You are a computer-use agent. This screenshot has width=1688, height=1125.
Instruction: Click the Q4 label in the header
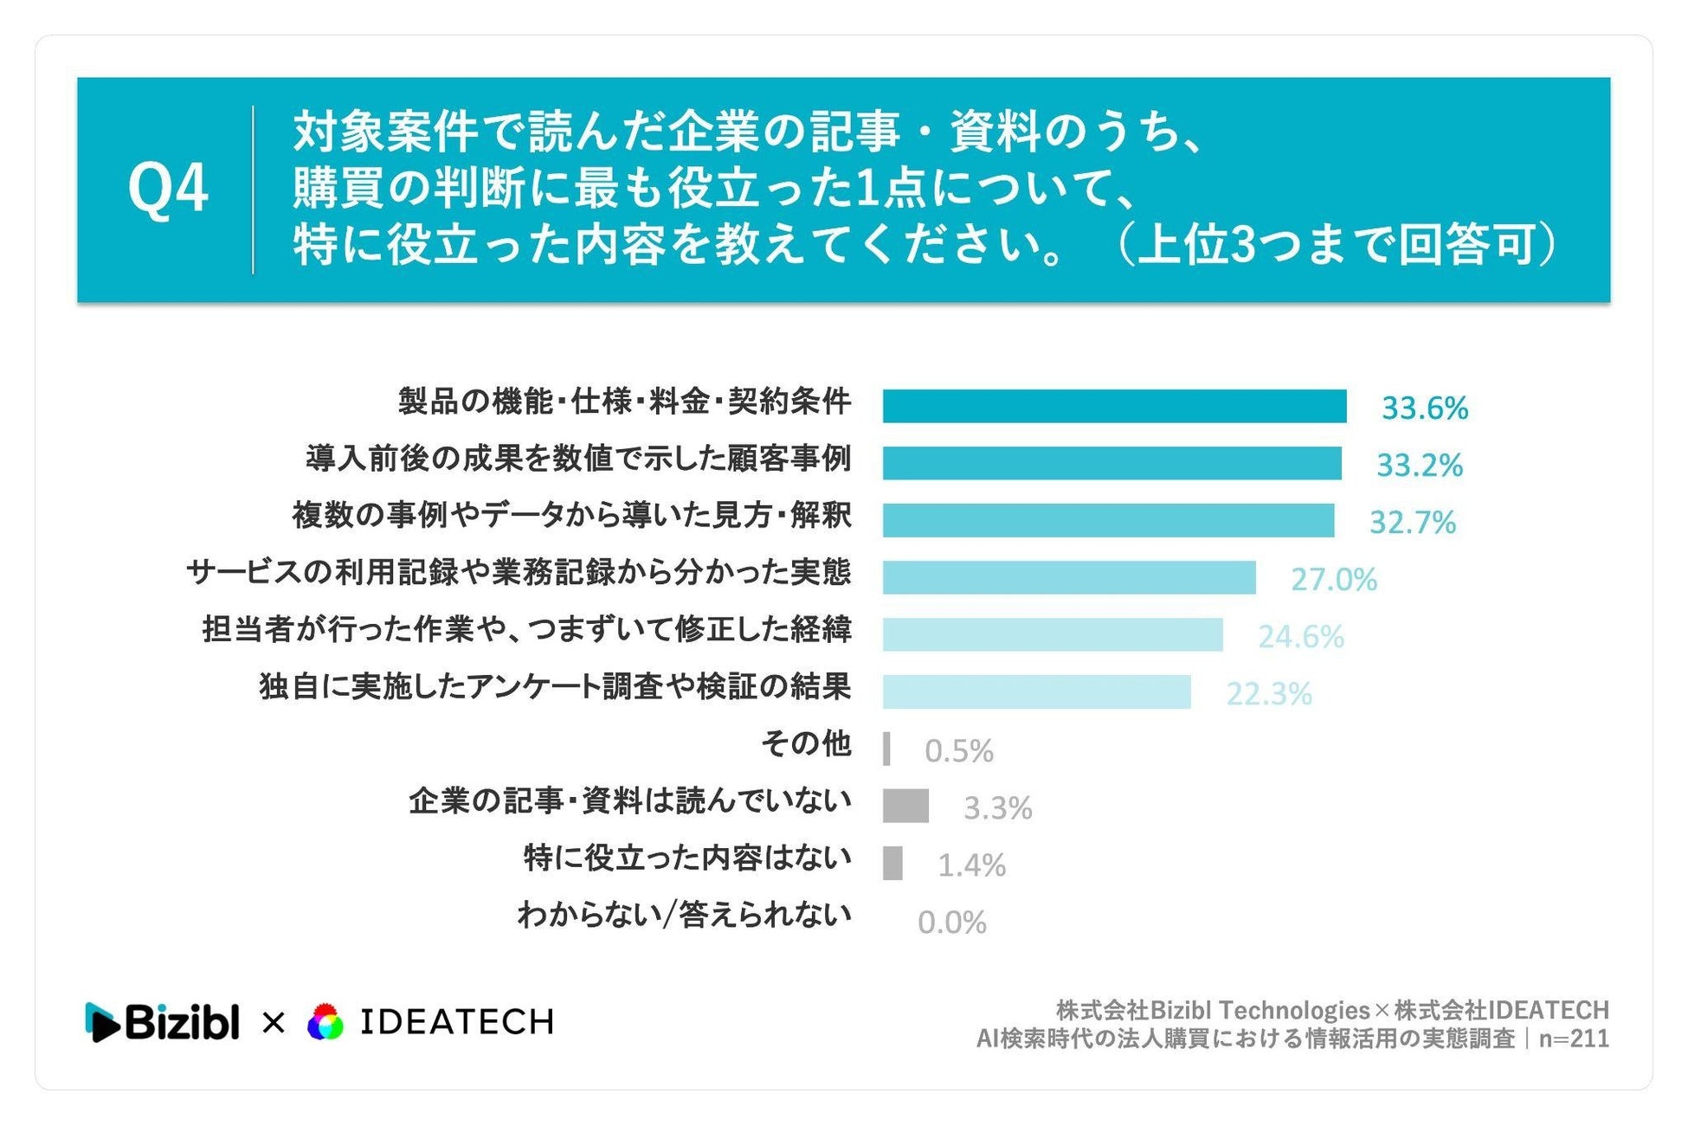(x=168, y=189)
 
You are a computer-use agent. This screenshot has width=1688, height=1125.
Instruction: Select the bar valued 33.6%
(x=1114, y=406)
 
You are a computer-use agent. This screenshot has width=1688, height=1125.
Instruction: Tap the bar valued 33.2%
(x=1111, y=463)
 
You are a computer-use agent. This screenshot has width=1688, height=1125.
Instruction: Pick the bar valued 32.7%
(x=1108, y=520)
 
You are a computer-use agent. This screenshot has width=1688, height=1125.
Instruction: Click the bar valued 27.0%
(x=1069, y=577)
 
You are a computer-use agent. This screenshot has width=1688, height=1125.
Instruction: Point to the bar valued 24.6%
(x=1053, y=634)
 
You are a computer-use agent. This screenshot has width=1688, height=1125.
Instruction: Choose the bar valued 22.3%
(x=1037, y=691)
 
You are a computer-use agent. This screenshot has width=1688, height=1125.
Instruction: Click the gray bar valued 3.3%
(x=905, y=806)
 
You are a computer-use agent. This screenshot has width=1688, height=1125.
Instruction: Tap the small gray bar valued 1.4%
(x=892, y=863)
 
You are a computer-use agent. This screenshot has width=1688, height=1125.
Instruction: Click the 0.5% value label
(x=958, y=750)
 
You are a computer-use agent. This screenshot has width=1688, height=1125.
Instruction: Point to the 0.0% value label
(x=951, y=922)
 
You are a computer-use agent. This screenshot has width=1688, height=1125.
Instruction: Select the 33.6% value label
(x=1424, y=408)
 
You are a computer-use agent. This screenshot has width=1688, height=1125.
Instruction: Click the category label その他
(x=806, y=743)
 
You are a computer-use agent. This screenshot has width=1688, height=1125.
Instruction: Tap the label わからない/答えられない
(x=684, y=915)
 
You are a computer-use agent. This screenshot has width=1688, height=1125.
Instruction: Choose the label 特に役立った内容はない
(x=687, y=858)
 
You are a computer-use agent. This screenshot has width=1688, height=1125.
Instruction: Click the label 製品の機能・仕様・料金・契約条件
(x=624, y=401)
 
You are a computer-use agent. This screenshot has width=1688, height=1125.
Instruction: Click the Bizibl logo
(x=162, y=1022)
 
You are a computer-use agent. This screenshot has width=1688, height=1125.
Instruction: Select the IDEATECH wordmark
(x=456, y=1022)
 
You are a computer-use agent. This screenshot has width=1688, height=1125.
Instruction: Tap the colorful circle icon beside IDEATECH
(x=325, y=1022)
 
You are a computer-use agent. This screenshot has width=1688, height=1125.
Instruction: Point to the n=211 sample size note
(x=1574, y=1038)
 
